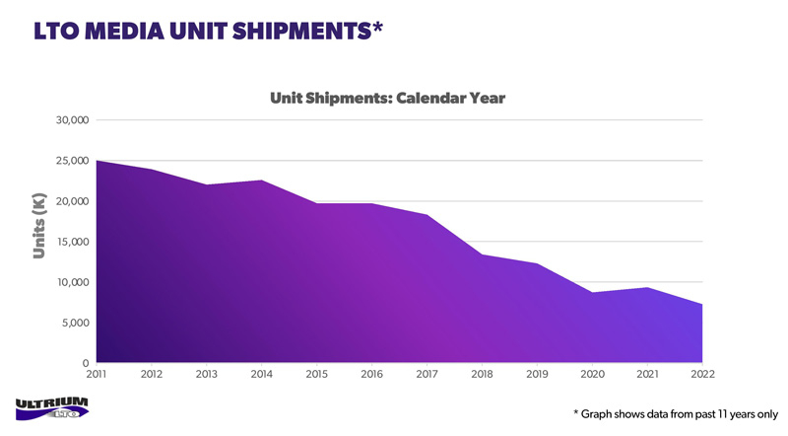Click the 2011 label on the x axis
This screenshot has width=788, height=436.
click(x=97, y=374)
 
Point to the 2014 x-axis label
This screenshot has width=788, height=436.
click(x=262, y=374)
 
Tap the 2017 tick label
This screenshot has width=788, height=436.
click(x=427, y=374)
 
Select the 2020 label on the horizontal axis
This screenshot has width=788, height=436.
click(x=592, y=374)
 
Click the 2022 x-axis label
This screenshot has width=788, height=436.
click(x=702, y=374)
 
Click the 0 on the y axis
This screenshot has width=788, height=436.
click(x=86, y=363)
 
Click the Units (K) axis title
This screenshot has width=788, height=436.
click(x=39, y=225)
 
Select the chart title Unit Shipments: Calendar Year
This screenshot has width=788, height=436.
click(x=387, y=99)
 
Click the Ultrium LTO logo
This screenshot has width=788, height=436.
click(x=52, y=407)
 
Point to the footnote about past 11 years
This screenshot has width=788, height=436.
click(x=676, y=413)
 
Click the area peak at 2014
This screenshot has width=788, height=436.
click(x=262, y=181)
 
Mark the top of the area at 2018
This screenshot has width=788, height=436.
click(x=482, y=255)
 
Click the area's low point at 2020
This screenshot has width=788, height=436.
click(x=592, y=293)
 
